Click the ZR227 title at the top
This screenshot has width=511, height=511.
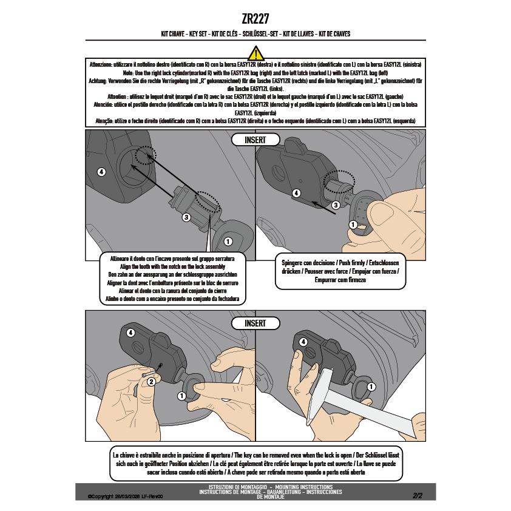255,19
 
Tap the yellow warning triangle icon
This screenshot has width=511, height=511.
256,53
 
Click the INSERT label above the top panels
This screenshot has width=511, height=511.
255,140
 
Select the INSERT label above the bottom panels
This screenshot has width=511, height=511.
255,323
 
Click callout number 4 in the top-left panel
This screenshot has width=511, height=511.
101,172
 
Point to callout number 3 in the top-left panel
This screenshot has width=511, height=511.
186,217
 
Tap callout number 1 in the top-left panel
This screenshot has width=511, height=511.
228,242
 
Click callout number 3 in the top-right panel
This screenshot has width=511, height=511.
336,205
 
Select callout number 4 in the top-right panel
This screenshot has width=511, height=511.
296,193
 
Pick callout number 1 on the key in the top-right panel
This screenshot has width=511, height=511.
353,225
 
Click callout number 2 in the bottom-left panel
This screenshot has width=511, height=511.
151,382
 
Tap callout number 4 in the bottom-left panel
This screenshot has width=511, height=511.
130,333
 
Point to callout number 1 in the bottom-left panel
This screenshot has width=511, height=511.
181,396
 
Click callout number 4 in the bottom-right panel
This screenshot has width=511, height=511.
303,342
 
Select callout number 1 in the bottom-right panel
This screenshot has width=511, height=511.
371,387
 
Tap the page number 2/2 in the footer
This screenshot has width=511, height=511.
418,496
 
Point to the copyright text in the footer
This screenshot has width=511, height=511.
125,496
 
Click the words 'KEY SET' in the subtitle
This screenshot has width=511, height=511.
198,33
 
